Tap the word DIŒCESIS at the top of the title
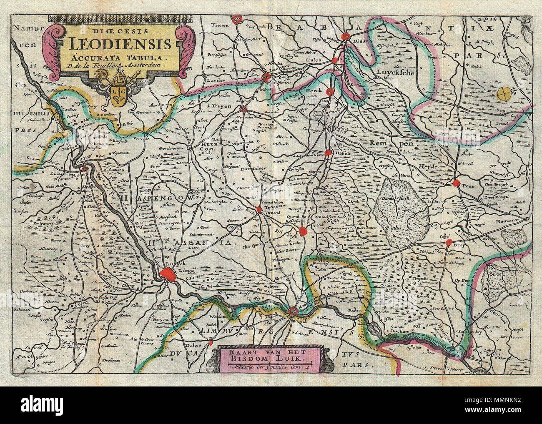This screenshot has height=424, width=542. point(120,30)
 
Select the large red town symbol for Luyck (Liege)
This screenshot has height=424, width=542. point(168,274)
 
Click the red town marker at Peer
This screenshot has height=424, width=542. point(457,183)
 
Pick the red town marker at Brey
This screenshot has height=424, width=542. point(449,242)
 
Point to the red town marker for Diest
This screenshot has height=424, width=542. point(345,37)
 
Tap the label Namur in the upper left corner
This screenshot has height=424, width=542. point(24,28)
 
